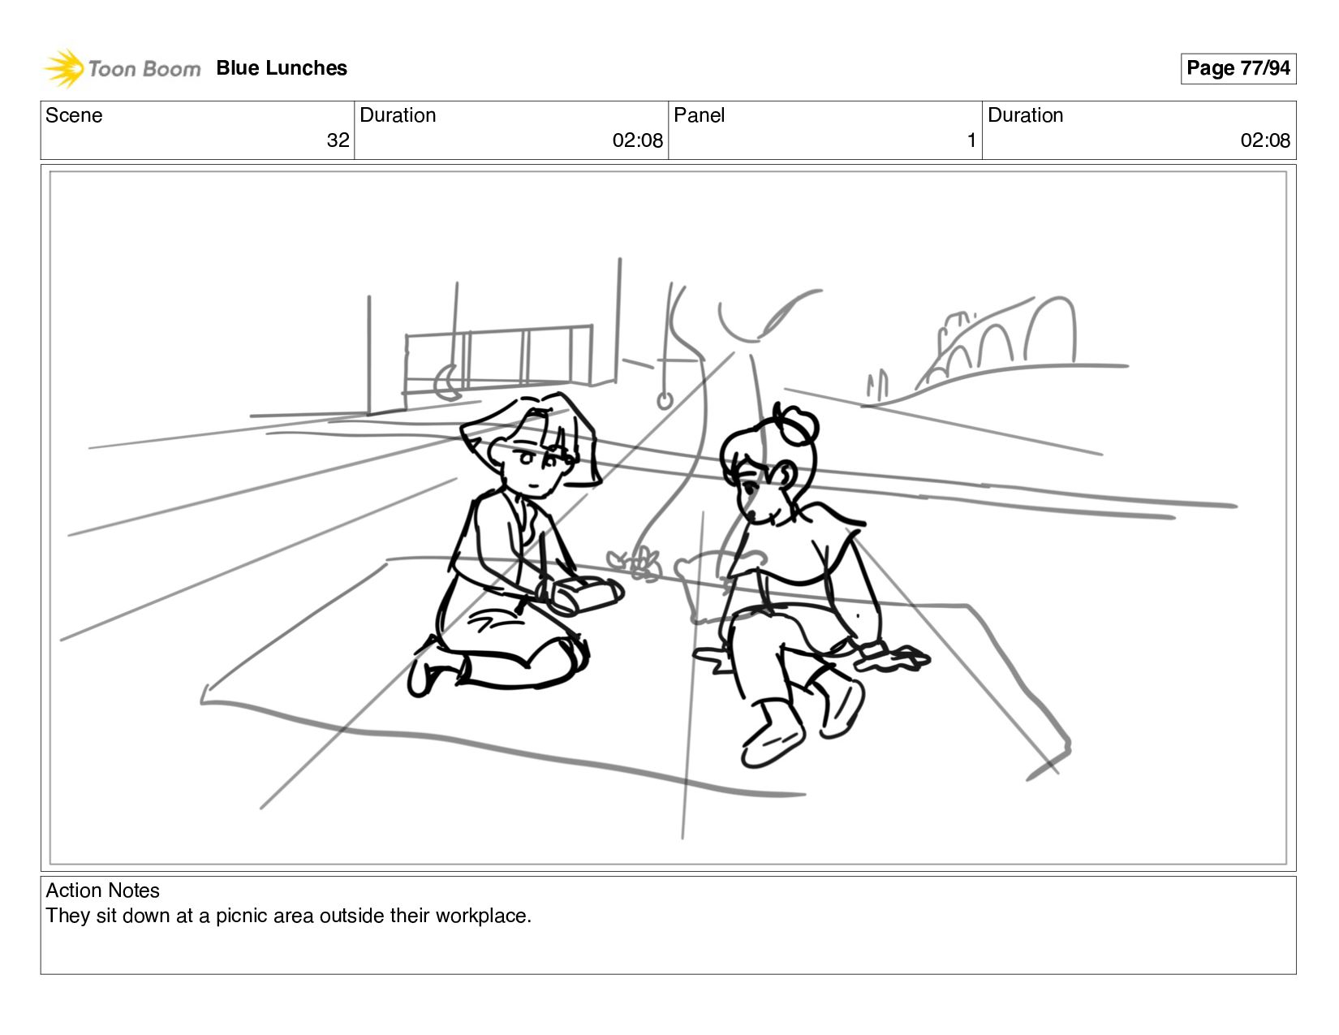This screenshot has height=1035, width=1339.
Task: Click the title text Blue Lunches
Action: [282, 68]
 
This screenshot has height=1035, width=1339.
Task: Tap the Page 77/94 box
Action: [1238, 68]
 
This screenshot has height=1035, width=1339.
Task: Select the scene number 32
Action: [338, 140]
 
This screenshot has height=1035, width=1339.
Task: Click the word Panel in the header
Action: [699, 115]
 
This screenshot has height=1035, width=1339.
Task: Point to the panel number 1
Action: [971, 140]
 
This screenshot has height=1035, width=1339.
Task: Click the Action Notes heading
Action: [103, 891]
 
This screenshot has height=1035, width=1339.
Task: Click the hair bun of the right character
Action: [796, 423]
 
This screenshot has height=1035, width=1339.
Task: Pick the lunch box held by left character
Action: [583, 595]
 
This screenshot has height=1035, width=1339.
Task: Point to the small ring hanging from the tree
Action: [665, 401]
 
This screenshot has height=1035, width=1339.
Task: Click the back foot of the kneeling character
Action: [432, 669]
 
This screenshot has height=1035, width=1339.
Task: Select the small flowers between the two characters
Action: [635, 563]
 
